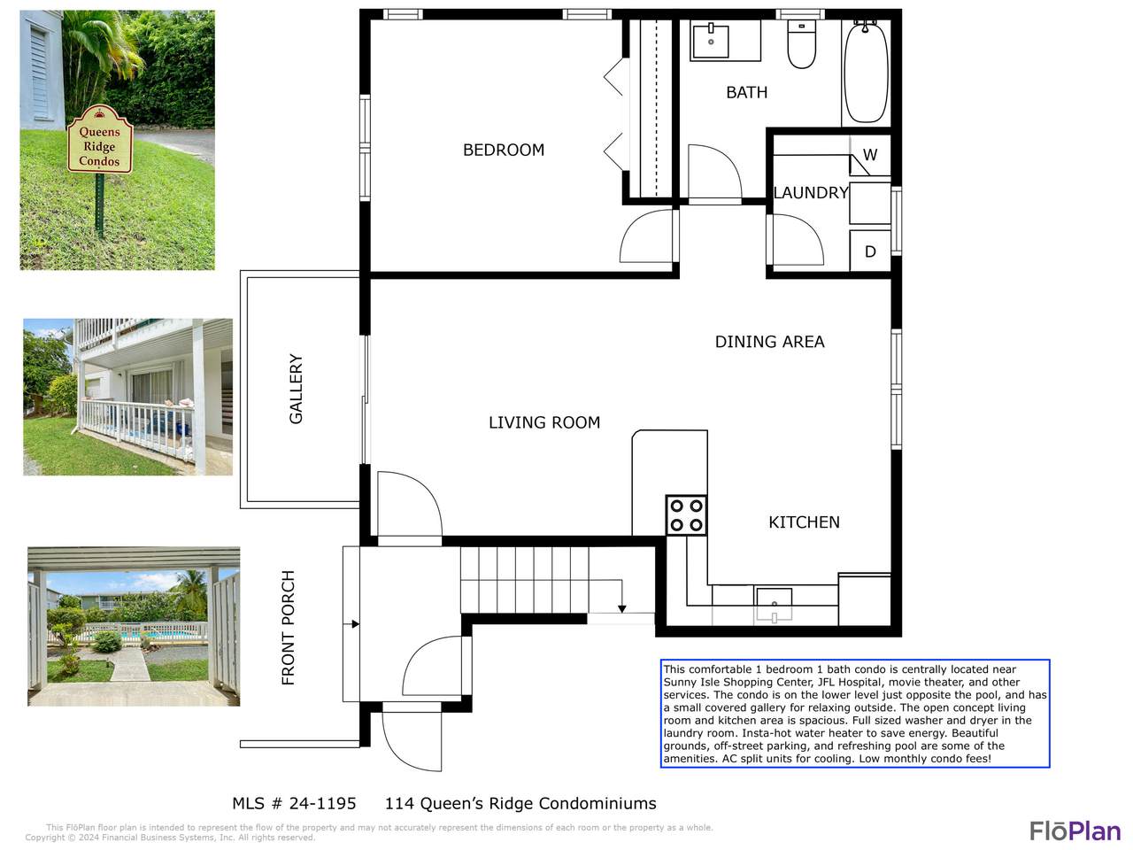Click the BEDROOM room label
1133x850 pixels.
tap(504, 150)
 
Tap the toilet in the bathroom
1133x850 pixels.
tap(801, 44)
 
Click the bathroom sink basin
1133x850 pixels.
tap(710, 40)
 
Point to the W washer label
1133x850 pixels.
tap(870, 154)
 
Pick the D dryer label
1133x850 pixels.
tap(870, 251)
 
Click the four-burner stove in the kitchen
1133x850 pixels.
tap(686, 515)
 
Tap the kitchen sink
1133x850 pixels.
tap(774, 603)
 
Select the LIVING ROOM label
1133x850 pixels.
tap(544, 422)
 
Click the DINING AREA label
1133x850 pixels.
tap(769, 341)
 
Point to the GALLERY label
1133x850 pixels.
tap(296, 389)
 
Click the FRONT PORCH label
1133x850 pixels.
tap(288, 628)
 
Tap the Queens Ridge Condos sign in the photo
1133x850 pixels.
tap(100, 139)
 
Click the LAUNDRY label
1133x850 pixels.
tap(811, 192)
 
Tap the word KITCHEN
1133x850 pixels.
tap(804, 522)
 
